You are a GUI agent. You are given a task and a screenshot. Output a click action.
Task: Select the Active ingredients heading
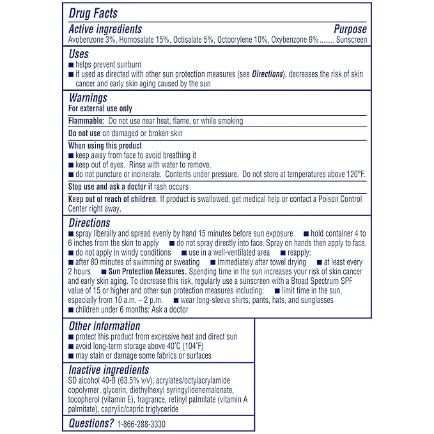click(105, 29)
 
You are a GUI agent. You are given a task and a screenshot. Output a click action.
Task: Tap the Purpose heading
click(350, 29)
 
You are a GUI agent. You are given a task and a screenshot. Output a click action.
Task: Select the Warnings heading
click(88, 98)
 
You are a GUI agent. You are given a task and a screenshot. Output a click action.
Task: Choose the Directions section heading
click(89, 223)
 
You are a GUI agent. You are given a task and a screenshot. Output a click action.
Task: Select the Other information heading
click(104, 326)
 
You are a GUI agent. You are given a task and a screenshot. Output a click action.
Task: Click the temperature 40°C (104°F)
click(176, 346)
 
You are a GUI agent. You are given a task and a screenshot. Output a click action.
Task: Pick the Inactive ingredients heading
click(108, 370)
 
